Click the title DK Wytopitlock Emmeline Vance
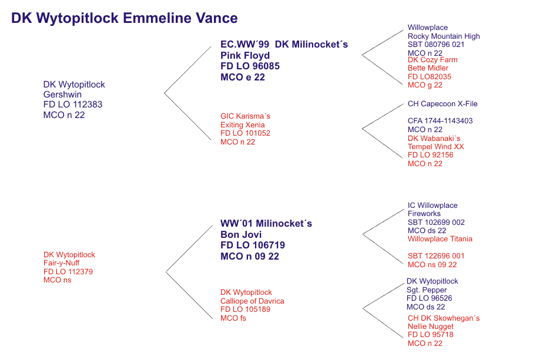tap(125, 18)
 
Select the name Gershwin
tap(62, 95)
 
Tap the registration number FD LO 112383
tap(73, 105)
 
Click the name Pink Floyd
tap(245, 55)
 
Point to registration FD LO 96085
tap(250, 66)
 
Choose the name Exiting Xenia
tap(243, 125)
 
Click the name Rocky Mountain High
tap(444, 36)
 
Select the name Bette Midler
tap(428, 68)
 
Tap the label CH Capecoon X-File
tap(443, 104)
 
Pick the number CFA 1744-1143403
tap(440, 120)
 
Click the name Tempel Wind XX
tap(436, 147)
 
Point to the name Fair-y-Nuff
tap(61, 263)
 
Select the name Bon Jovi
tap(241, 234)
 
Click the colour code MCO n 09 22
tap(250, 256)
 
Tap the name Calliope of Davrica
tap(252, 301)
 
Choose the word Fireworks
tap(424, 214)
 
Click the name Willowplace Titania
tap(440, 238)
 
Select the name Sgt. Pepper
tap(427, 290)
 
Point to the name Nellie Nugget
tap(431, 327)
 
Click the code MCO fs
tap(233, 318)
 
